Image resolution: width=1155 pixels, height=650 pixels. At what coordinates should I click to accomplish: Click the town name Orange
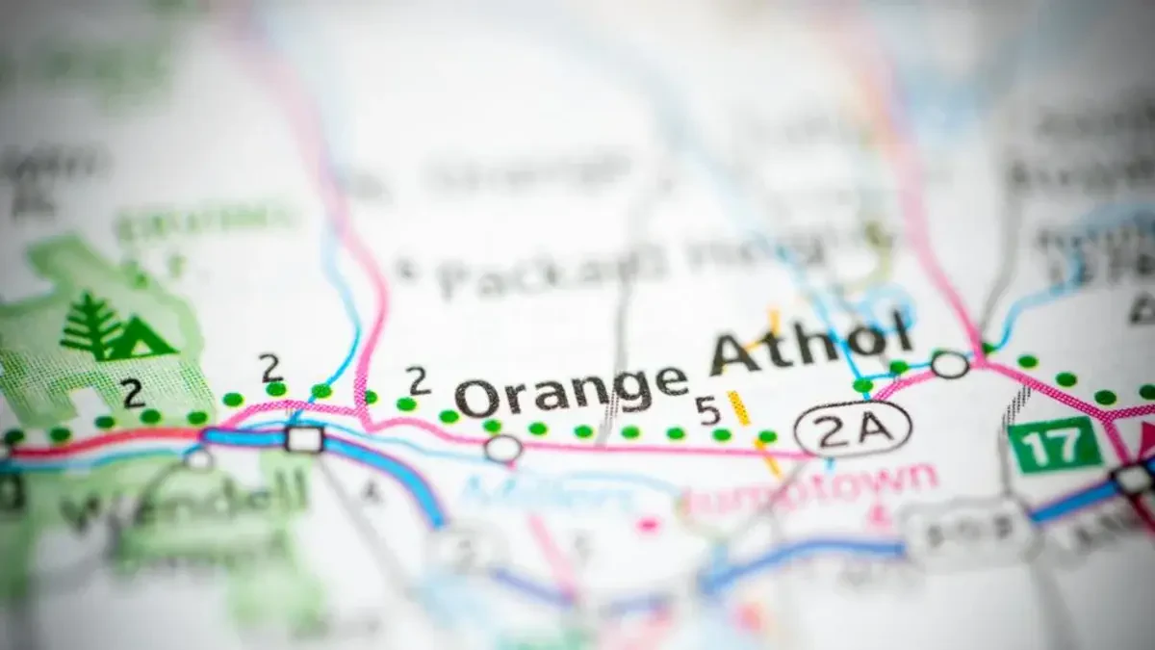coord(572,391)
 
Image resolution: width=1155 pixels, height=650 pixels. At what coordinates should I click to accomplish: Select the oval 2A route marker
coord(853,429)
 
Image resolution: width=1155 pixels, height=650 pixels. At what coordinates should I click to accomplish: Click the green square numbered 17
coord(1054,445)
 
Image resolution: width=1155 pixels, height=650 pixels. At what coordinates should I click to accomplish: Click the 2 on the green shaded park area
coord(133,392)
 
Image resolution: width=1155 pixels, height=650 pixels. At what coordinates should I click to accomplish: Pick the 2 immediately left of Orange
coord(417,381)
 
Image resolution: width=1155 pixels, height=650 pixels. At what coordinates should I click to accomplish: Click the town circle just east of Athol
coord(949,365)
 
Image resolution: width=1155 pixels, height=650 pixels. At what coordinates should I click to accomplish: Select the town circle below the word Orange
coord(502,448)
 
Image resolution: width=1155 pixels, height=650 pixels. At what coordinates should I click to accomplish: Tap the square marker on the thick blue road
coord(305,439)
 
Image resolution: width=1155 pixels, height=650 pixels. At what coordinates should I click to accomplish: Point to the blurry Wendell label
coord(183,501)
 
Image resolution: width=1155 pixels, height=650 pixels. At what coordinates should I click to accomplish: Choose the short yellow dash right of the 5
coord(738,407)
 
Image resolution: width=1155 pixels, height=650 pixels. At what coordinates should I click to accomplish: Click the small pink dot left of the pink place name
coord(648,524)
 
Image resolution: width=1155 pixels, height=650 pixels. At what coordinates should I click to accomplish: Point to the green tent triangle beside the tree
coord(146,339)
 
